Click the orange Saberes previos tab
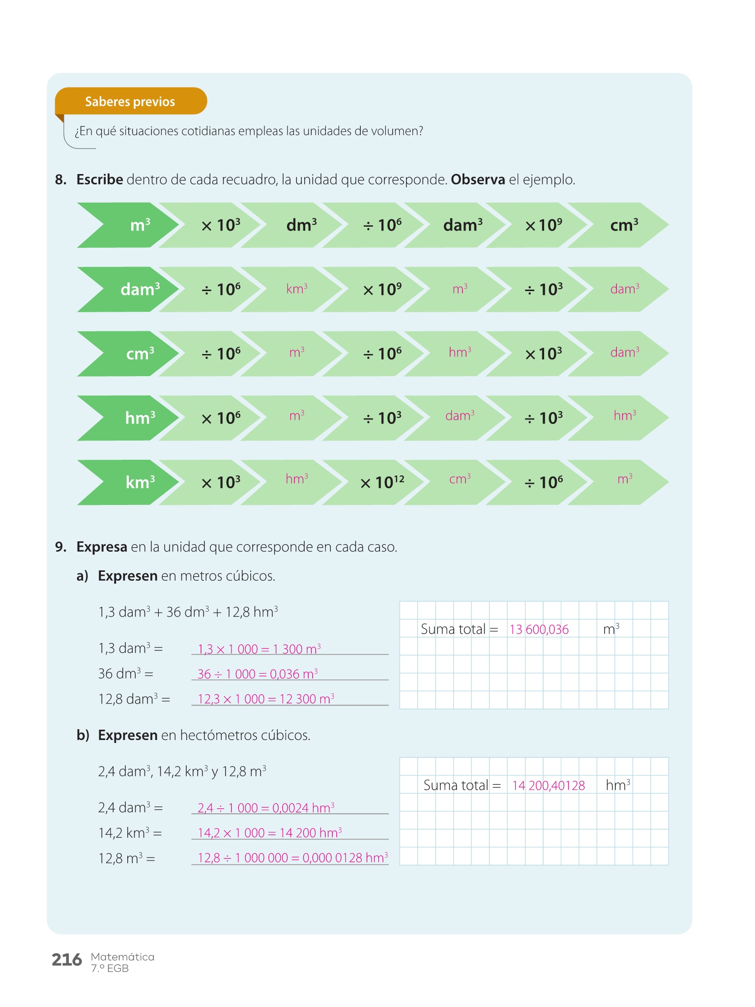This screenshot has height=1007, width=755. pyautogui.click(x=131, y=101)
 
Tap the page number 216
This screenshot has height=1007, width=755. pyautogui.click(x=67, y=959)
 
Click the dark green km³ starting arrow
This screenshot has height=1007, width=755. pyautogui.click(x=128, y=482)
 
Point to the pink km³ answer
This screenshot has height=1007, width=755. pyautogui.click(x=297, y=289)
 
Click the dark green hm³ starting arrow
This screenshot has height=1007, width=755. pyautogui.click(x=128, y=418)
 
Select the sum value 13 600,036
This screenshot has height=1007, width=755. pyautogui.click(x=539, y=629)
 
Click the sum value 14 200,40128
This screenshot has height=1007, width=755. pyautogui.click(x=549, y=785)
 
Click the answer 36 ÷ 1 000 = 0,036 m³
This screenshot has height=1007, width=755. pyautogui.click(x=258, y=674)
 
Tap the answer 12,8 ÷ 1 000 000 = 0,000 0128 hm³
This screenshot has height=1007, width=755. pyautogui.click(x=293, y=858)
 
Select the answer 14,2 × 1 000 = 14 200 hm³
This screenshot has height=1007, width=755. pyautogui.click(x=270, y=832)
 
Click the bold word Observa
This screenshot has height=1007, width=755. pyautogui.click(x=478, y=179)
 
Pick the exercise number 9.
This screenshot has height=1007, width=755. pyautogui.click(x=60, y=547)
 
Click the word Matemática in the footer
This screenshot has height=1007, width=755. pyautogui.click(x=122, y=957)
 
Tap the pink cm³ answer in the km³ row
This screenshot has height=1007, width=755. pyautogui.click(x=460, y=478)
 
